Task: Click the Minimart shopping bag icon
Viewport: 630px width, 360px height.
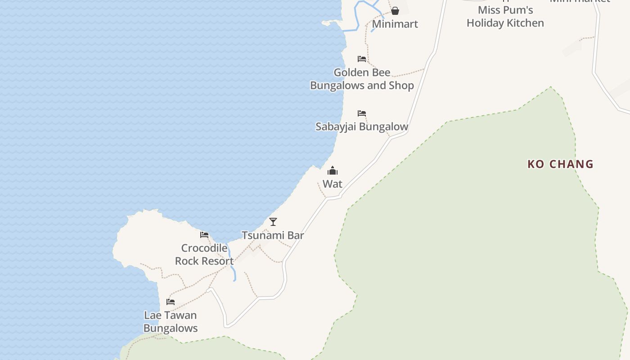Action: (x=395, y=11)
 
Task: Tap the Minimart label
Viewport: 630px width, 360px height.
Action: (x=395, y=24)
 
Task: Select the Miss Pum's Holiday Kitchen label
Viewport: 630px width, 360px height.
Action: (x=505, y=17)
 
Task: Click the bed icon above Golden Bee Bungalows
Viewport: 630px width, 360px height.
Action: (x=361, y=59)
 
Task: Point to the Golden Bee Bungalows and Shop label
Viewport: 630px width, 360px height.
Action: (x=362, y=79)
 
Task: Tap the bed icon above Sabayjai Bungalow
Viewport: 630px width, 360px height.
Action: (x=361, y=113)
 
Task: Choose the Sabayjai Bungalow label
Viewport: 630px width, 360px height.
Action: (x=362, y=126)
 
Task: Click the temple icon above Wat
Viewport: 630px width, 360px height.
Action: (x=333, y=171)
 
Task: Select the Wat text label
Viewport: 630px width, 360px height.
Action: (x=333, y=184)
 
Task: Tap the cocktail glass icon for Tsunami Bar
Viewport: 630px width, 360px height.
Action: (x=273, y=222)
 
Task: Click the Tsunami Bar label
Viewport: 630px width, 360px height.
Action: (x=273, y=235)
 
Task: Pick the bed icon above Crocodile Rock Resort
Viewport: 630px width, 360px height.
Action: (x=204, y=235)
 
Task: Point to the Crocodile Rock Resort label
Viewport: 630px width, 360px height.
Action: (x=204, y=254)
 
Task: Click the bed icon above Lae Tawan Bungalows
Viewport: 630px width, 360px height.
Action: (x=170, y=302)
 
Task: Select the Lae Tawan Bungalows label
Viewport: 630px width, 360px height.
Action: (x=171, y=321)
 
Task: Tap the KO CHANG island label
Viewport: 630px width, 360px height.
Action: (x=560, y=164)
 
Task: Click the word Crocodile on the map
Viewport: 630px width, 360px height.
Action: (x=204, y=248)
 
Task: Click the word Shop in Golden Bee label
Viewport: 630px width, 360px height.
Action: (x=401, y=85)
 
